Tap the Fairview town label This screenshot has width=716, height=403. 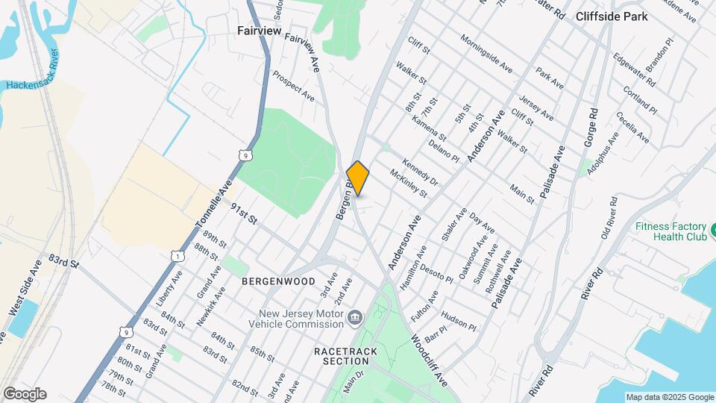pos(259,31)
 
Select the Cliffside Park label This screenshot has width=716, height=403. pos(612,16)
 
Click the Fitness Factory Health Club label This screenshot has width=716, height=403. pos(670,231)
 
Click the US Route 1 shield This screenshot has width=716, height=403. pos(176,256)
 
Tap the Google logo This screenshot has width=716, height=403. pos(24,393)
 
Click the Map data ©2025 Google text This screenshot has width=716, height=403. pos(669,397)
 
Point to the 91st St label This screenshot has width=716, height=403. pos(243,214)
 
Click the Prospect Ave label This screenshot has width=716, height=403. pos(293,85)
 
